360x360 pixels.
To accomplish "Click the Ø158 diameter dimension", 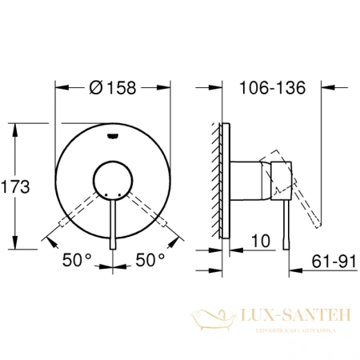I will click(114, 89).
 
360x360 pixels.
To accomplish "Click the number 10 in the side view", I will click(258, 240).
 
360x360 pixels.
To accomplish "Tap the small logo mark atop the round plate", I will click(114, 136).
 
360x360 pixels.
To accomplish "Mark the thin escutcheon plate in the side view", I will click(227, 180).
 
